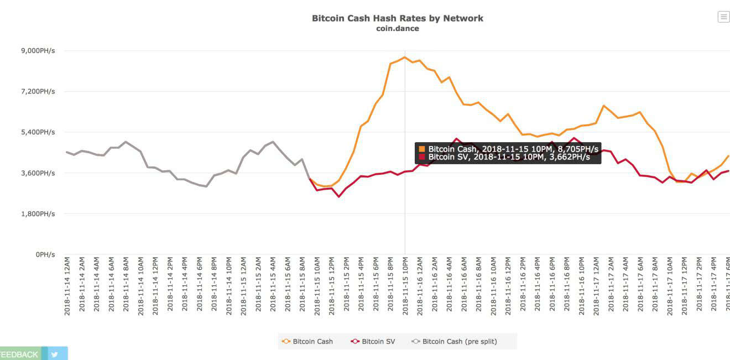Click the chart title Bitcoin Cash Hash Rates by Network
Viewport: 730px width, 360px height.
(397, 18)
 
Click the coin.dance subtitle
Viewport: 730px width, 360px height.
(397, 29)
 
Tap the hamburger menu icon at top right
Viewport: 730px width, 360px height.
(723, 17)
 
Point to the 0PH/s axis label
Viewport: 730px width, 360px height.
(45, 254)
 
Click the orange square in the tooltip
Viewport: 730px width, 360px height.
(422, 149)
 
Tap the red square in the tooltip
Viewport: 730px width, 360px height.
(422, 157)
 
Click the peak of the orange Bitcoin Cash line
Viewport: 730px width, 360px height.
(405, 57)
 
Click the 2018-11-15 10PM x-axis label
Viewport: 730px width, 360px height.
(405, 286)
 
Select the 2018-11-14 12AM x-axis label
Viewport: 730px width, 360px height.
(67, 286)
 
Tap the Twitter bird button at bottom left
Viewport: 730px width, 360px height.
(55, 354)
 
